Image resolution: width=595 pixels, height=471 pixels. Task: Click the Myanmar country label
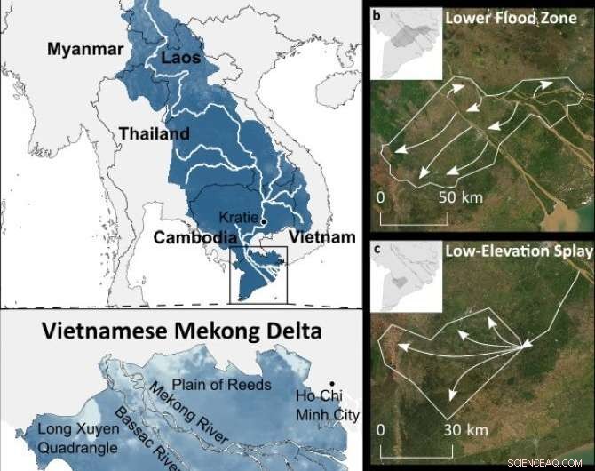click(x=83, y=50)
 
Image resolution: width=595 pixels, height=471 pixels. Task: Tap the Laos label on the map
click(x=182, y=60)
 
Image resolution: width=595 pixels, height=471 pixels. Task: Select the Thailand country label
click(x=155, y=134)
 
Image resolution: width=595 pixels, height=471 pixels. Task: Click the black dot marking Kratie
click(x=264, y=220)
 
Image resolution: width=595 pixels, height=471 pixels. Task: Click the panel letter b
click(x=377, y=15)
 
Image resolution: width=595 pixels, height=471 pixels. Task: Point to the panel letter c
click(x=377, y=249)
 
